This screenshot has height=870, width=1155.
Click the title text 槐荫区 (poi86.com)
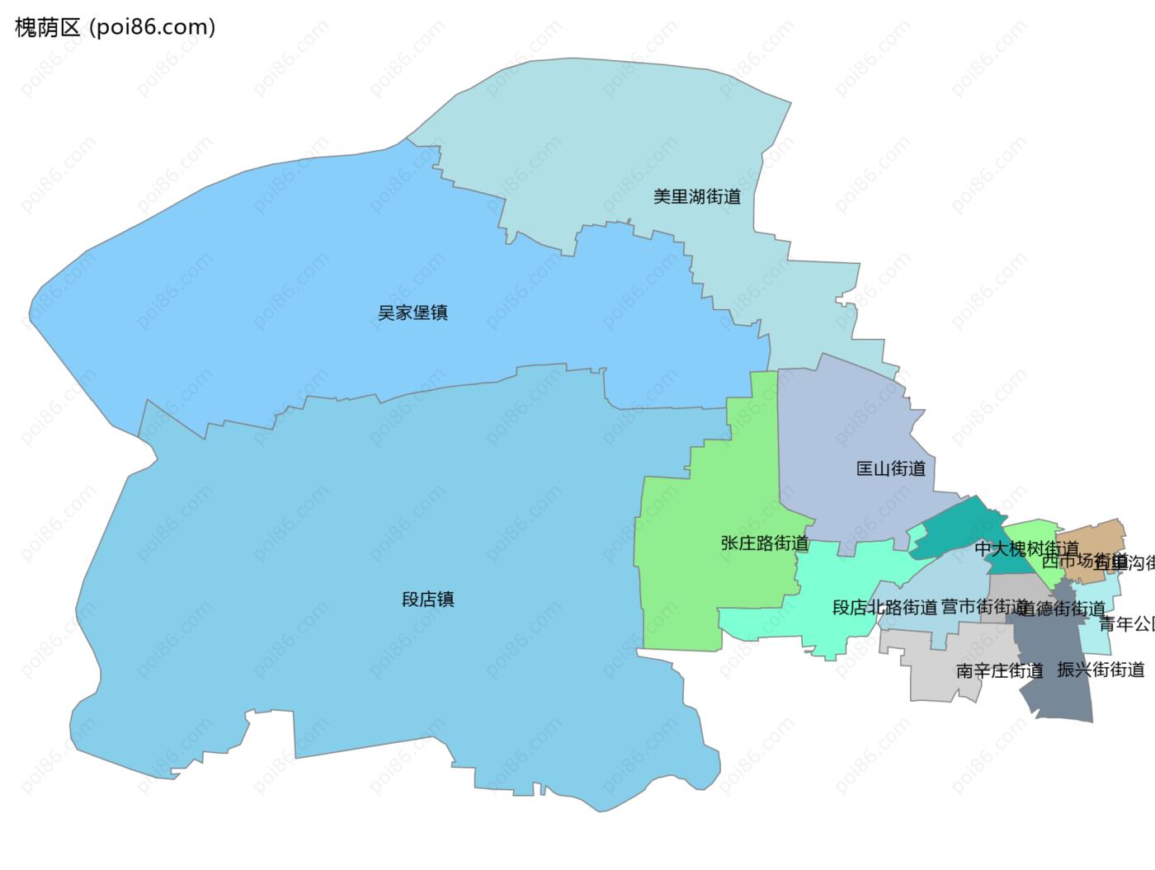pos(115,27)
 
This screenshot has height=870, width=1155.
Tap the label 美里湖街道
pos(697,197)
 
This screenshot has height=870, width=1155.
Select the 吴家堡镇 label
pos(412,313)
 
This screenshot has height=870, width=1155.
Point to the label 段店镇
pos(428,600)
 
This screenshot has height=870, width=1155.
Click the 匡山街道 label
pos(891,469)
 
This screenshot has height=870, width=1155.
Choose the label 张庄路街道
pos(765,544)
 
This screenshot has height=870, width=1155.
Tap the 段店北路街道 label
pos(884,608)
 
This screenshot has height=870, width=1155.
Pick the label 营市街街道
pos(983,607)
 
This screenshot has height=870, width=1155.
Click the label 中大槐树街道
pos(1026,548)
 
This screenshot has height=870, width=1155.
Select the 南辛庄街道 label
pos(1000,671)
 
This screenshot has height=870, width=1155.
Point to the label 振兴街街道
pos(1101,670)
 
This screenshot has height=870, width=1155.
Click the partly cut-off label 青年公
pos(1127,624)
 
